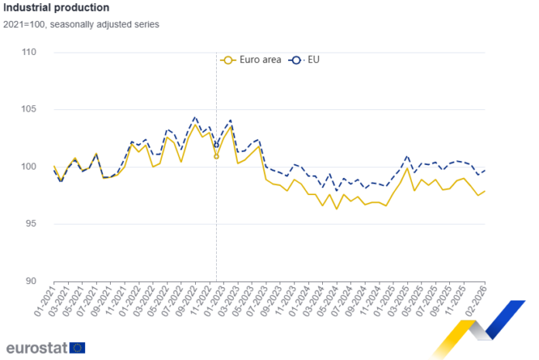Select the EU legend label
[313, 60]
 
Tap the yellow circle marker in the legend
[228, 60]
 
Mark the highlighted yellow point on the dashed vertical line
[216, 157]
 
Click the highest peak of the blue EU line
[194, 118]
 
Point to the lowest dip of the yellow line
[336, 208]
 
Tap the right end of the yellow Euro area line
[485, 190]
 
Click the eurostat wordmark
[36, 348]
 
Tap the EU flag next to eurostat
[77, 348]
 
